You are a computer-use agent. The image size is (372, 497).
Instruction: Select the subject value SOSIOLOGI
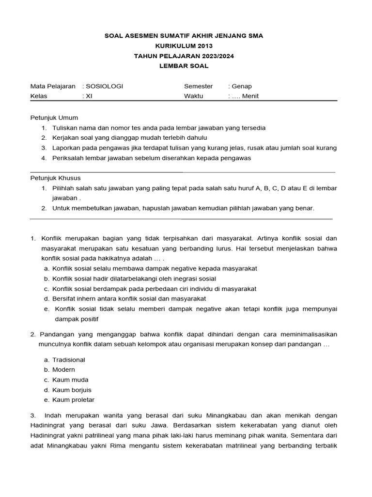pos(104,86)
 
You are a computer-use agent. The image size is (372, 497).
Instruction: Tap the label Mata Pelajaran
pos(53,86)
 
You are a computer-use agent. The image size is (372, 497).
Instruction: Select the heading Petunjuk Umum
pos(54,117)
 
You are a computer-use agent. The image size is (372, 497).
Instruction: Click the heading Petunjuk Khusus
pos(56,178)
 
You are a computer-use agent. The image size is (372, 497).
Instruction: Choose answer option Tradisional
pos(68,360)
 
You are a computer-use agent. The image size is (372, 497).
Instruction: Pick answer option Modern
pos(63,370)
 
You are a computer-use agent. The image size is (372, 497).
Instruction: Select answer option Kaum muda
pos(70,380)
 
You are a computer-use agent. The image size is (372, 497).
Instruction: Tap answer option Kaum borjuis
pos(72,390)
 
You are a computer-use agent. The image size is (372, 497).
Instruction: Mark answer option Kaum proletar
pos(73,400)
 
